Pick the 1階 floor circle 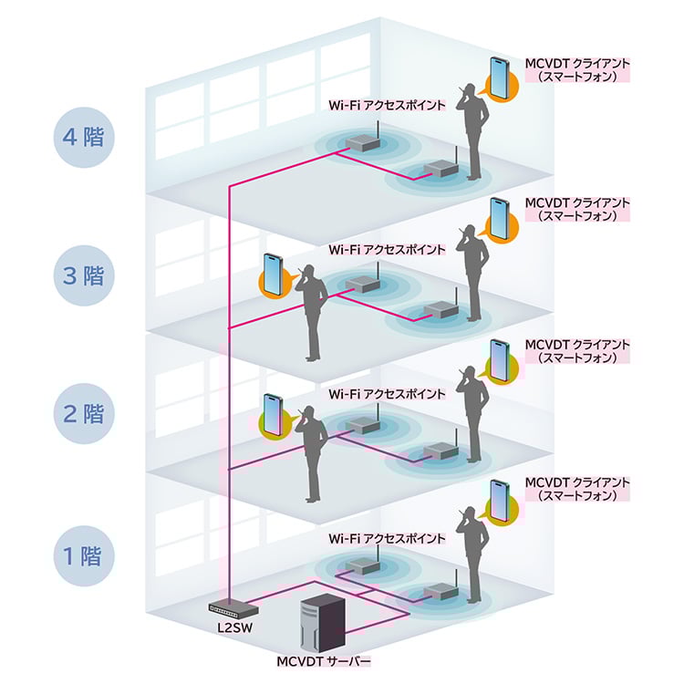pos(82,555)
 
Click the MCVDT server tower pos(321,621)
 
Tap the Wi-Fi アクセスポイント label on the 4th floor pos(387,106)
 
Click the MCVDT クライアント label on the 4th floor pos(578,70)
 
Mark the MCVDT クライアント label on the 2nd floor pos(578,351)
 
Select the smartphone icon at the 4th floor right pos(499,75)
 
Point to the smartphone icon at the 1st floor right pos(499,498)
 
